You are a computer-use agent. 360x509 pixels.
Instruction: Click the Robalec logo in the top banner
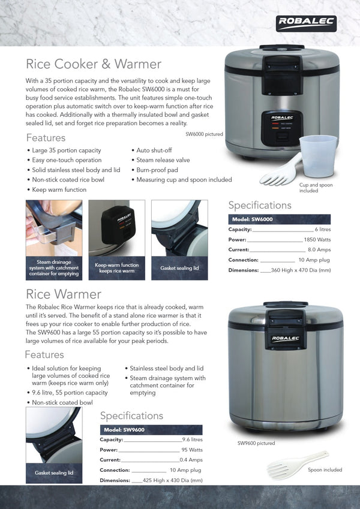click(x=306, y=23)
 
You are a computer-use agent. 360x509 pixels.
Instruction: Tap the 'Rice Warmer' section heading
click(x=64, y=294)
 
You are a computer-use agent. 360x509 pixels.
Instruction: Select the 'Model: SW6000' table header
click(x=253, y=219)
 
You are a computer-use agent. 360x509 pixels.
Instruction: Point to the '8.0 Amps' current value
click(x=319, y=250)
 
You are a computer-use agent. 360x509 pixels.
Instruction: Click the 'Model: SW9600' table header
click(x=124, y=430)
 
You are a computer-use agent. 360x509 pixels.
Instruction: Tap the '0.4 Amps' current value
click(x=191, y=460)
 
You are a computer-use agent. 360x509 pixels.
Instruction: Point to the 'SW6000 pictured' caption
click(x=204, y=134)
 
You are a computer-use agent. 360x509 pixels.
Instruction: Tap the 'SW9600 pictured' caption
click(x=256, y=444)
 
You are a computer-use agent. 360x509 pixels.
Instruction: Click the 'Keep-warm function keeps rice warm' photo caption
click(x=116, y=267)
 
